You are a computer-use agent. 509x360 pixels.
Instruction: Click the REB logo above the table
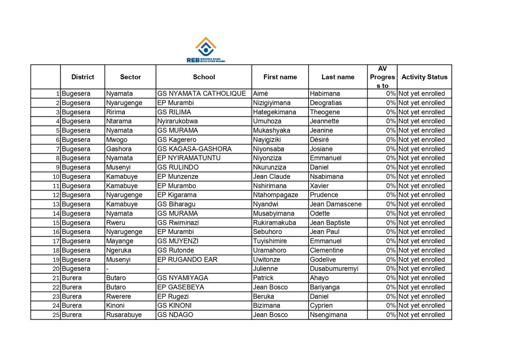205,50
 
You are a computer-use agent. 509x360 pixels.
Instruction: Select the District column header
83,77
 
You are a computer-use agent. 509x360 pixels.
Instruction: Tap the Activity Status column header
424,77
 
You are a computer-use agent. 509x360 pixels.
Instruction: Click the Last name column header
338,77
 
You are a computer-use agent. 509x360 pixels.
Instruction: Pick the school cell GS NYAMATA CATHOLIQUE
201,93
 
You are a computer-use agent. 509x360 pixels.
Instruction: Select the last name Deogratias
326,103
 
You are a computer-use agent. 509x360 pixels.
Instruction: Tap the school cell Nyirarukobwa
177,121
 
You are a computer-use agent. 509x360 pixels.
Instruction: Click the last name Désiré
319,140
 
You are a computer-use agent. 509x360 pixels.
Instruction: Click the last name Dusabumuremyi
334,269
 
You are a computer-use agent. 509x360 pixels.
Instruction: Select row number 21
56,278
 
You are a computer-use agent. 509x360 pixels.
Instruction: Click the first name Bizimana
266,305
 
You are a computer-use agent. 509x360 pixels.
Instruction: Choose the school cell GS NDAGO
175,315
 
